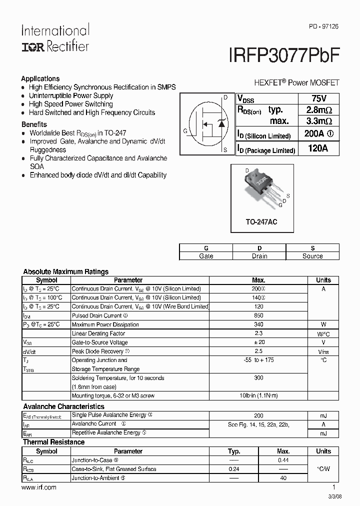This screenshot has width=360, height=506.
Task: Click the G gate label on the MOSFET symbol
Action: (x=185, y=131)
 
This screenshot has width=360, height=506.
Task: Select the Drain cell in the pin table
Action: (x=259, y=256)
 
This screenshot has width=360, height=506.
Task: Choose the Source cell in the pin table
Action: (x=312, y=256)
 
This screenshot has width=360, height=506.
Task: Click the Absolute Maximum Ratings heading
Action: (x=65, y=272)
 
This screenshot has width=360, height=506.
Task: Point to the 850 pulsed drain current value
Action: (x=258, y=316)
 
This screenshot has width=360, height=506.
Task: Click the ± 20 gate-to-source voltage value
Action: (x=258, y=342)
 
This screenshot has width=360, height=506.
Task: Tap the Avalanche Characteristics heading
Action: (x=63, y=406)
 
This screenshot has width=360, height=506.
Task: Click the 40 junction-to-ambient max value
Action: (x=283, y=478)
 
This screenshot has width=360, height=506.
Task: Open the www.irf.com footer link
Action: (x=38, y=487)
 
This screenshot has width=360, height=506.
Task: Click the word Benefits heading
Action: (x=34, y=124)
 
